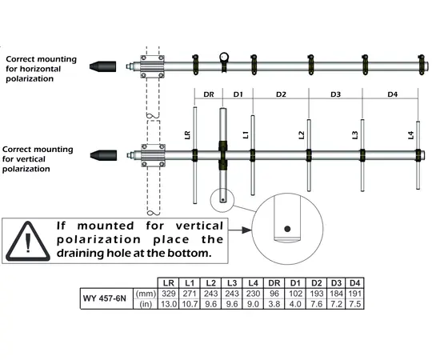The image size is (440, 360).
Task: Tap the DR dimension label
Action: (209, 94)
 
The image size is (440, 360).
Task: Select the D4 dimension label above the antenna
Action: (392, 94)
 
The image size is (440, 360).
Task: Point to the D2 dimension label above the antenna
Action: (281, 94)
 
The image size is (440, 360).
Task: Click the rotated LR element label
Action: (187, 135)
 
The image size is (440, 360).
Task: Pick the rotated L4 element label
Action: (410, 135)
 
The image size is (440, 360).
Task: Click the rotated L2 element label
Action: (302, 135)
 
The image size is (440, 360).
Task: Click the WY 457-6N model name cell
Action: (107, 300)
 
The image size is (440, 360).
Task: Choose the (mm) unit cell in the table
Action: (145, 294)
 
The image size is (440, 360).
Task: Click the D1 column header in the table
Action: (295, 283)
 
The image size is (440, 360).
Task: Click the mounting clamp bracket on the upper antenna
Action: (152, 65)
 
